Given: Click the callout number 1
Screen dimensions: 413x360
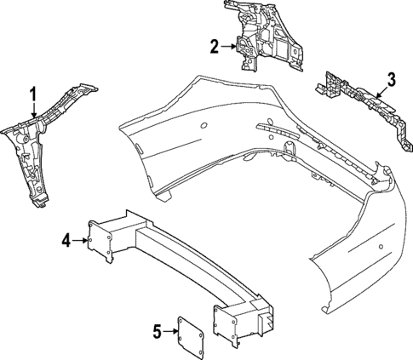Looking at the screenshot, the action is coord(33,94).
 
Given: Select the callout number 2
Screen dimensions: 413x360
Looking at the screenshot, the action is coord(215,47).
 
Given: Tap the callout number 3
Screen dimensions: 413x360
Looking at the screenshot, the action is coord(391,79).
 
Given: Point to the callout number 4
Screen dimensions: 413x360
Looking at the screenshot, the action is coord(66,241).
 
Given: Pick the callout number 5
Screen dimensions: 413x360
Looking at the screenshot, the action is coord(157,331).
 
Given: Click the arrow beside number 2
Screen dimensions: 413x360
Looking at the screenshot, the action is coord(229,47).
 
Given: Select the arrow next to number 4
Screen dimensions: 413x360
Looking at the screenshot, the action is coord(80,241).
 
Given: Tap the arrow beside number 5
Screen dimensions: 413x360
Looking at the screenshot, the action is coord(171,331).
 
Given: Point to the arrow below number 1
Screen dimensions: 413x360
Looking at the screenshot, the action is coord(34,111).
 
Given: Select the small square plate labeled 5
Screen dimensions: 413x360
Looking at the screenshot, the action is coord(190,336).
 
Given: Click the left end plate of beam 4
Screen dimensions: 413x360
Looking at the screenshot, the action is coord(99,242).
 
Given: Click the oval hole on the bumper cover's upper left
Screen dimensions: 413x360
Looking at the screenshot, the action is coord(204,125).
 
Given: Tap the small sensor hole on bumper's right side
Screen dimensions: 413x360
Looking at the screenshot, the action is coord(381,246).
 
